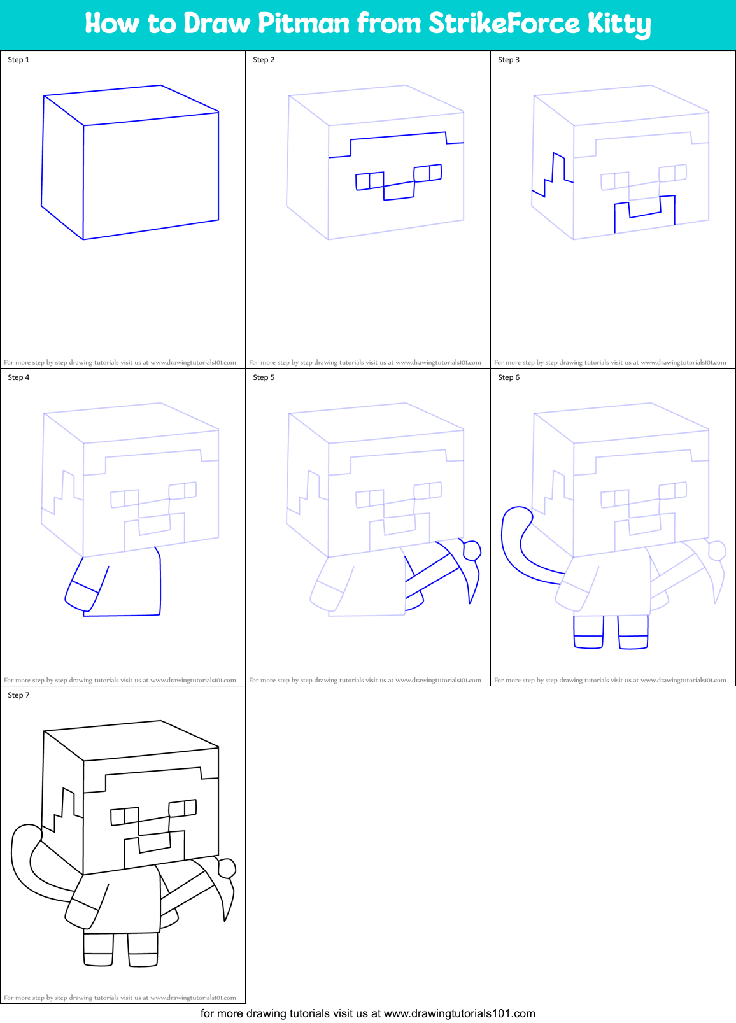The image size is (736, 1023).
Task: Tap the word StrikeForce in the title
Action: (x=504, y=24)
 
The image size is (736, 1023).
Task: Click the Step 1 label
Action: (x=18, y=60)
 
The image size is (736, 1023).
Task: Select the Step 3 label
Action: (x=509, y=60)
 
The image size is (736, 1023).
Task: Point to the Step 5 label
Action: (x=264, y=377)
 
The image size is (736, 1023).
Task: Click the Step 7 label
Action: (x=18, y=695)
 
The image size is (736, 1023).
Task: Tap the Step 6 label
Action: (x=509, y=377)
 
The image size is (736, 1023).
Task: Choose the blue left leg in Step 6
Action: (x=588, y=633)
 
